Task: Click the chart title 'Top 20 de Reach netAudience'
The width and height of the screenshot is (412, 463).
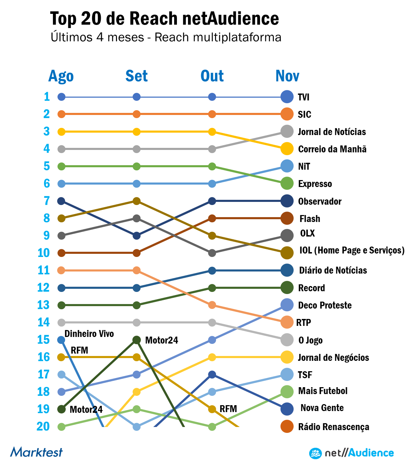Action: [164, 19]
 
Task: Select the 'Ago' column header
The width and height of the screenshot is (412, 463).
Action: [61, 76]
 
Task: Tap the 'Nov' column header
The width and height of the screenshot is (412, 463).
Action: [287, 76]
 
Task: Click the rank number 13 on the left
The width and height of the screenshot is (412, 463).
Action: [44, 305]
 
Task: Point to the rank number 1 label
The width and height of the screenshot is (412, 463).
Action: [47, 97]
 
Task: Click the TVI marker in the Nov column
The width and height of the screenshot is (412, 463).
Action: [287, 97]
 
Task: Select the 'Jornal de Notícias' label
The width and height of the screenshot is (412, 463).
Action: [332, 132]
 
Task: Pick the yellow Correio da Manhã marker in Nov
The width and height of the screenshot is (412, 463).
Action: [287, 149]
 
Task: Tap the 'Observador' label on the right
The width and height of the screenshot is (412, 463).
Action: [320, 202]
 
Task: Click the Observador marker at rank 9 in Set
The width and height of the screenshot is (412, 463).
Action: [137, 236]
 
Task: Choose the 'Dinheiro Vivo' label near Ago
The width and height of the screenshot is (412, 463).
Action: [89, 334]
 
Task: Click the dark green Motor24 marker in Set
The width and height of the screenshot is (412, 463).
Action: [137, 340]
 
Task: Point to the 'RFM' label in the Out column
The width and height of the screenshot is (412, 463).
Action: [228, 409]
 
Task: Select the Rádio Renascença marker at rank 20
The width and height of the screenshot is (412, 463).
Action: [287, 426]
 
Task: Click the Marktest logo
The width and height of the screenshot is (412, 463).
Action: [36, 452]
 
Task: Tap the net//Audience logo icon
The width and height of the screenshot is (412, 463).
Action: [315, 453]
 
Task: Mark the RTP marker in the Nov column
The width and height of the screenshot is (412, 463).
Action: [287, 322]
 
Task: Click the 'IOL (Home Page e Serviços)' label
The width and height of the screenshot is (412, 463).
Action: [352, 250]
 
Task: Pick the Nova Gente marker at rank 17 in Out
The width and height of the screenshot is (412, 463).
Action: [212, 374]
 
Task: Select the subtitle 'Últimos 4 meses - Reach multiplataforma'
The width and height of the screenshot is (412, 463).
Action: [166, 37]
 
